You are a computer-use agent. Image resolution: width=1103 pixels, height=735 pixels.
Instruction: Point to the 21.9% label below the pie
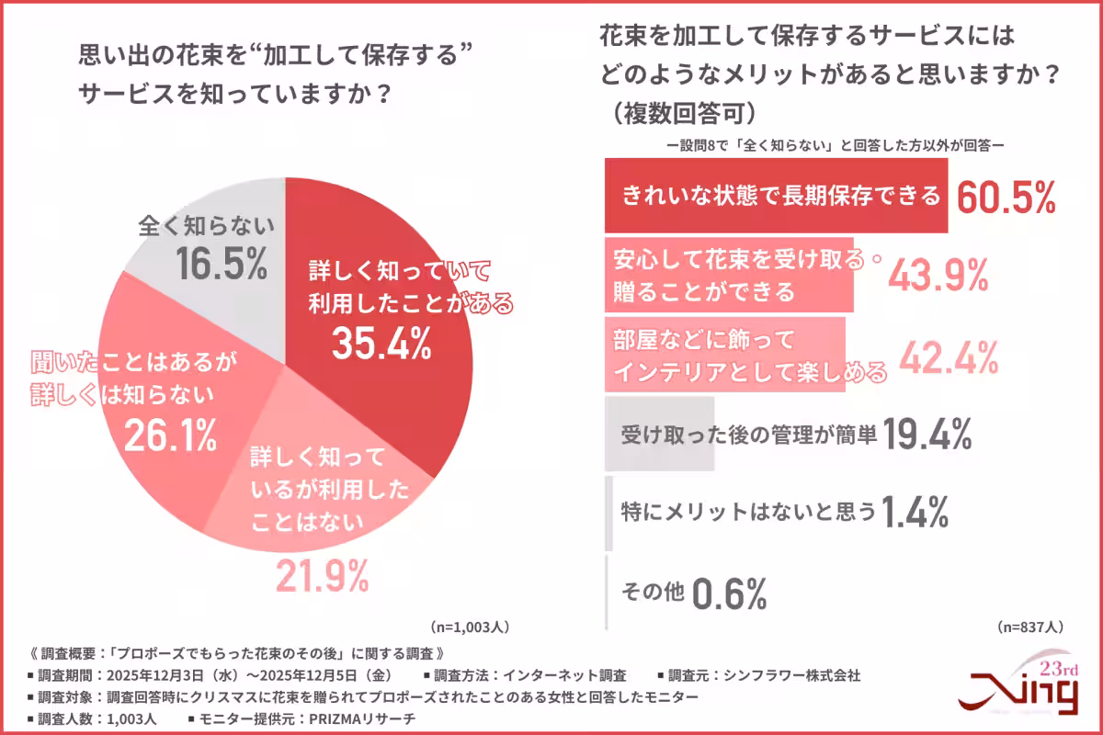click(323, 577)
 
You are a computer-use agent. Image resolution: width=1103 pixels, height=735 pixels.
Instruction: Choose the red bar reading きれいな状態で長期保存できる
click(776, 196)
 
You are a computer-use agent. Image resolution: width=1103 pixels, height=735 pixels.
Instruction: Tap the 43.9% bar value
click(938, 274)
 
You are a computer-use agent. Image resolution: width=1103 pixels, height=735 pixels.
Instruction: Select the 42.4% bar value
click(949, 356)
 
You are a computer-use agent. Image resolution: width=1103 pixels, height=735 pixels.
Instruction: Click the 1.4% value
click(915, 513)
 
